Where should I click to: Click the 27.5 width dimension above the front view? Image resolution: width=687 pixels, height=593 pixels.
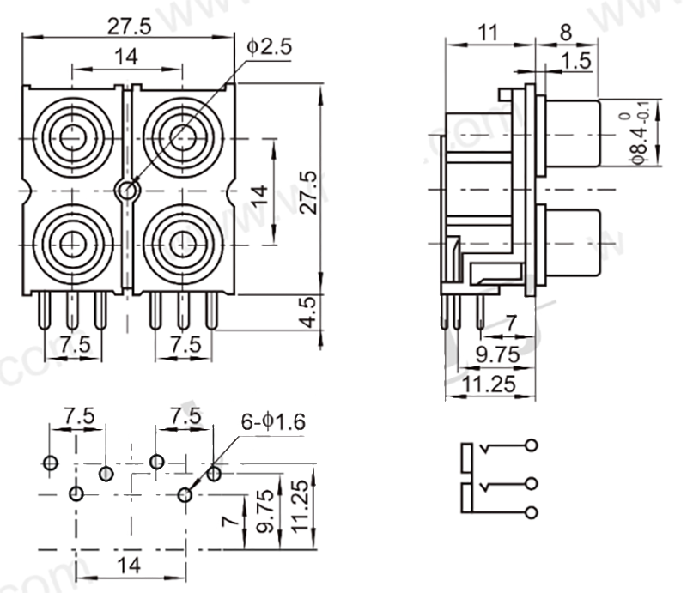coord(129,26)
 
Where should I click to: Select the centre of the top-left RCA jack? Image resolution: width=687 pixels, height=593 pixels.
coord(71,134)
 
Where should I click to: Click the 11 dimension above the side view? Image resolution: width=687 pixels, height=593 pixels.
coord(488,33)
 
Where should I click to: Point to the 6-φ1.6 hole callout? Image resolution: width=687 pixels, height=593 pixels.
coord(274,421)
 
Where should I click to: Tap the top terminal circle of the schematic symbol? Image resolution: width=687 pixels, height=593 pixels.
coord(533,445)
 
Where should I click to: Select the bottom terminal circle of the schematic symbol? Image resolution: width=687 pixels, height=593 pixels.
coord(533,513)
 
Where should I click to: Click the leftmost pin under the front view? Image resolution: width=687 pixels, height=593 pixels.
coord(43,313)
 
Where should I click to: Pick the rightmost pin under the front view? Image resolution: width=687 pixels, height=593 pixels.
coord(209,313)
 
